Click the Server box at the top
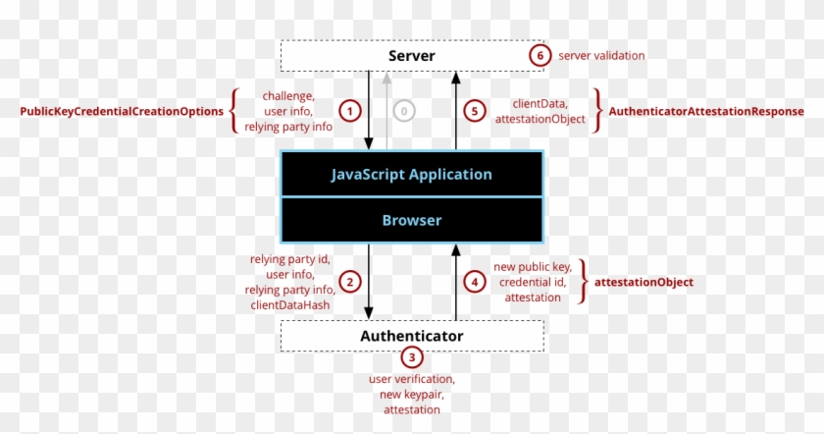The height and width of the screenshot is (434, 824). [x=411, y=55]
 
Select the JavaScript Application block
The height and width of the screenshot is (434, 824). [x=411, y=175]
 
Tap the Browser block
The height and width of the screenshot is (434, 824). [x=411, y=221]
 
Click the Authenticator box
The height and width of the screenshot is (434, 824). [x=411, y=336]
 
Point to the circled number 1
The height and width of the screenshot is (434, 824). [x=348, y=111]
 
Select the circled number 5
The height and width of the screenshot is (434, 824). [x=476, y=111]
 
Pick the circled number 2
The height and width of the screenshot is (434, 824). [x=348, y=282]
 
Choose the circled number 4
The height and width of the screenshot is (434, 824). [x=475, y=282]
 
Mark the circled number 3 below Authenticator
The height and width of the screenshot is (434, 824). [x=411, y=358]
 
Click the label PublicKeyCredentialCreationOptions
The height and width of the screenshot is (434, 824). [x=123, y=112]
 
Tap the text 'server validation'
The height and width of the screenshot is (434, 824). [x=601, y=56]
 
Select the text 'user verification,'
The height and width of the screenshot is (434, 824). [x=411, y=379]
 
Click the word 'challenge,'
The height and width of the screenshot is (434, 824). [x=287, y=95]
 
